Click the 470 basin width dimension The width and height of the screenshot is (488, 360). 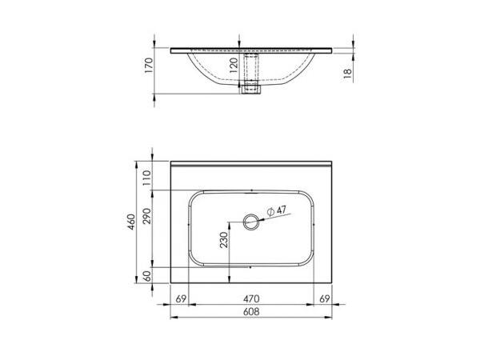(x=252, y=300)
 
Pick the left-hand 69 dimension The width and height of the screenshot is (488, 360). (x=180, y=300)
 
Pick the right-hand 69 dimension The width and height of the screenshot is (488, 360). (x=324, y=300)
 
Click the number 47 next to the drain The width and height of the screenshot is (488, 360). (x=282, y=211)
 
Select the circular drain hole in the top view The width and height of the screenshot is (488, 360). (x=252, y=222)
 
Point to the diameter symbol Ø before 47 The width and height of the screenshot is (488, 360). (x=270, y=212)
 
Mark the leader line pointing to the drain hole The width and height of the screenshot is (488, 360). (x=268, y=218)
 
